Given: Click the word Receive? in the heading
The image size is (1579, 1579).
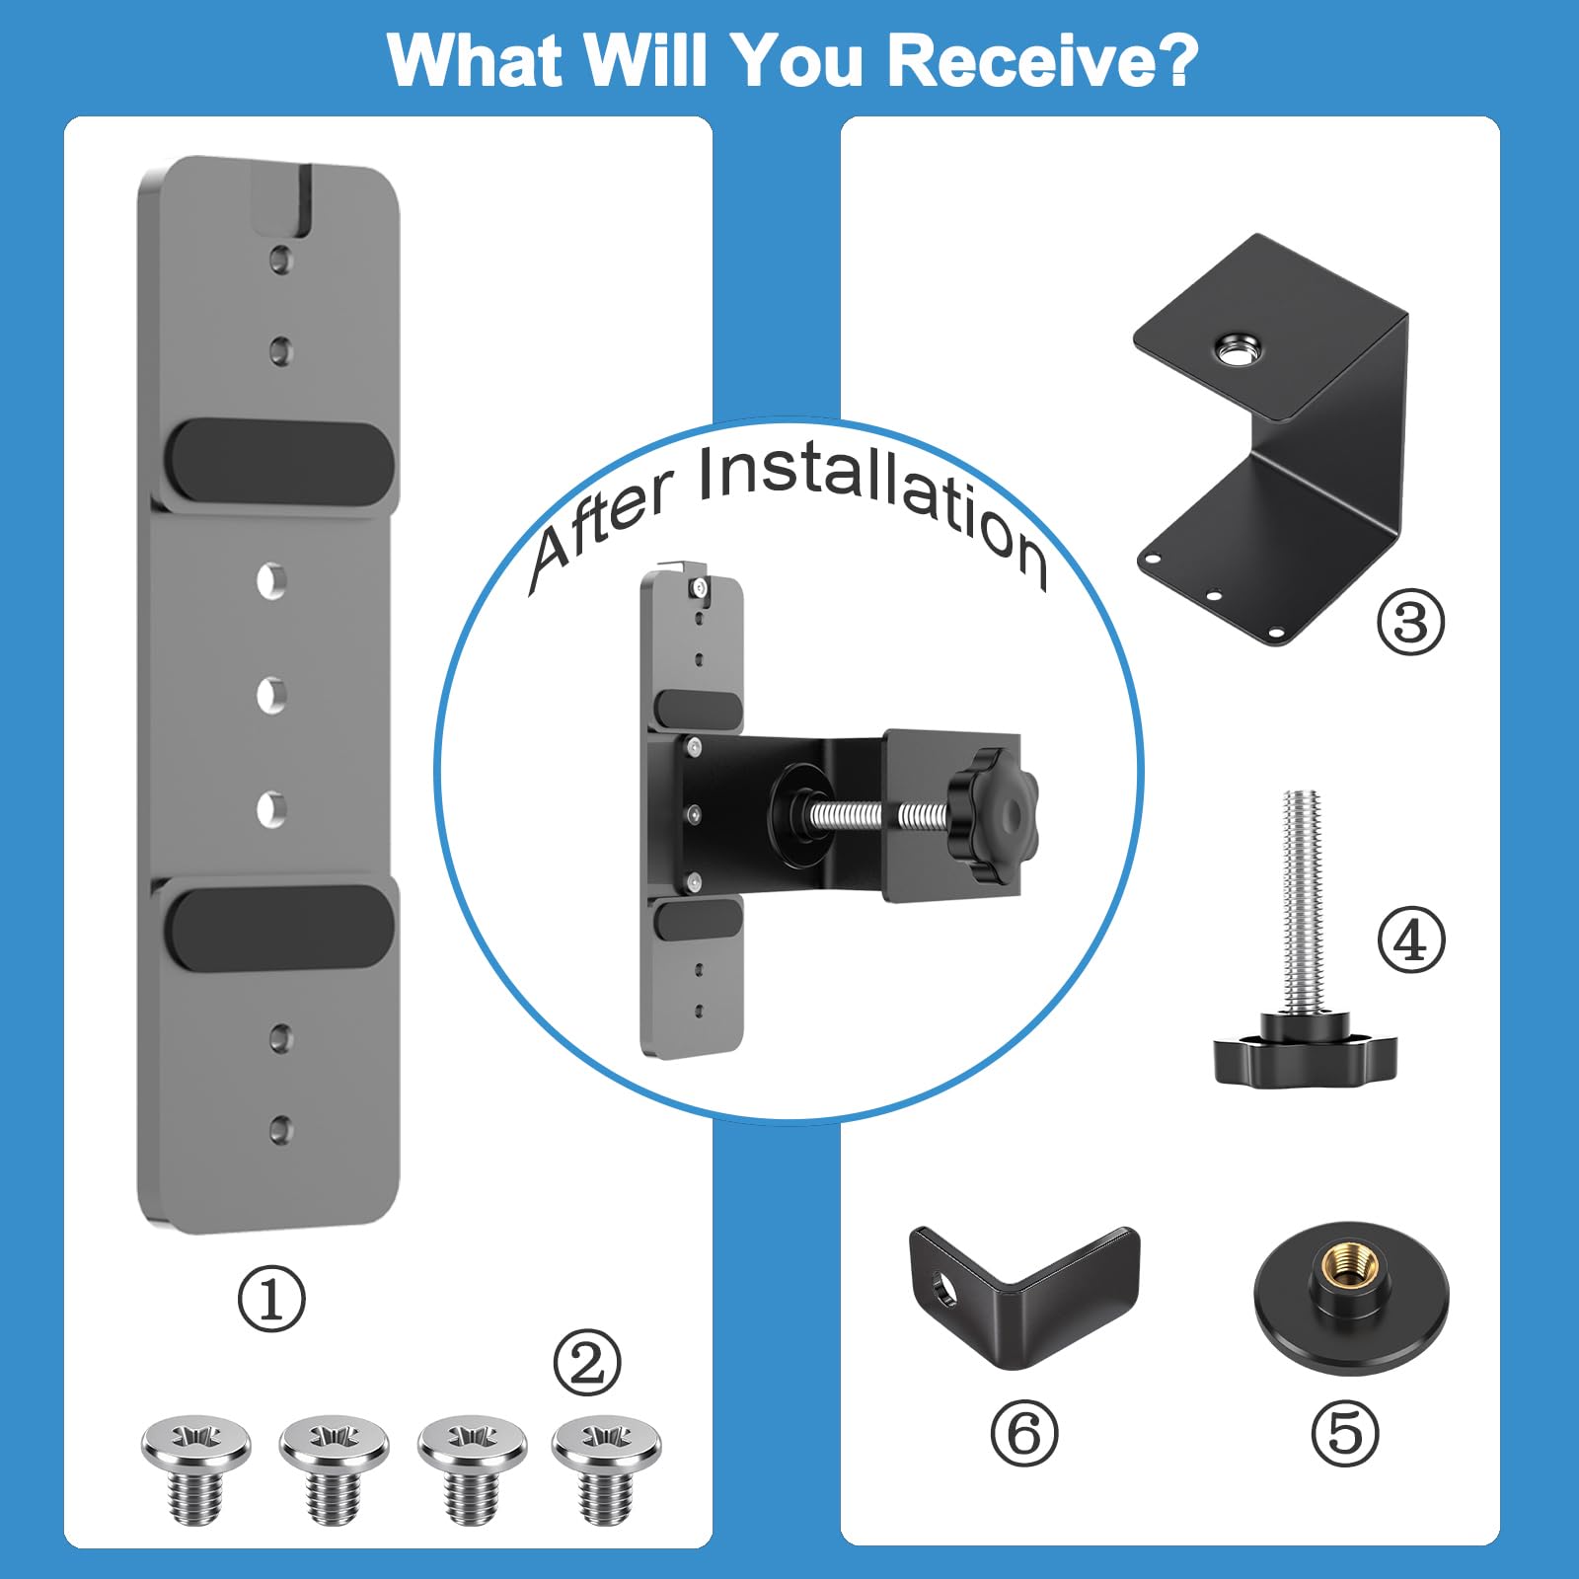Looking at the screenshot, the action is point(1042,61).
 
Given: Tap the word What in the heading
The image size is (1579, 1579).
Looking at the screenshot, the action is point(475,61).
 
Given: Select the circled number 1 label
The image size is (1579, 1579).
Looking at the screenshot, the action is point(271,1299).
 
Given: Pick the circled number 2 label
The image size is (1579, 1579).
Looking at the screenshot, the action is point(587,1363).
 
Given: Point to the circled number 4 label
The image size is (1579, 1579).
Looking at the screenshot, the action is point(1411,940).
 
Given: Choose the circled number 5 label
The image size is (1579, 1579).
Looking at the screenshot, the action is point(1345,1433).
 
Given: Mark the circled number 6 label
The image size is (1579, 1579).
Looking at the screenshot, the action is point(1024,1433).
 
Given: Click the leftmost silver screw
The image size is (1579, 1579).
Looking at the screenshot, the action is point(195,1469).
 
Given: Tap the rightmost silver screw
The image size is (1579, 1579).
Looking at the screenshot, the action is point(606,1469).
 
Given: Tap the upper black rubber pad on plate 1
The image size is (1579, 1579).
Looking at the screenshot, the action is point(280,461).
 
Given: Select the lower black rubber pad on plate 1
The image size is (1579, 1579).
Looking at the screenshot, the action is point(280,927).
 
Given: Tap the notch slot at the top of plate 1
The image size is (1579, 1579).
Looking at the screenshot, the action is point(283,200).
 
